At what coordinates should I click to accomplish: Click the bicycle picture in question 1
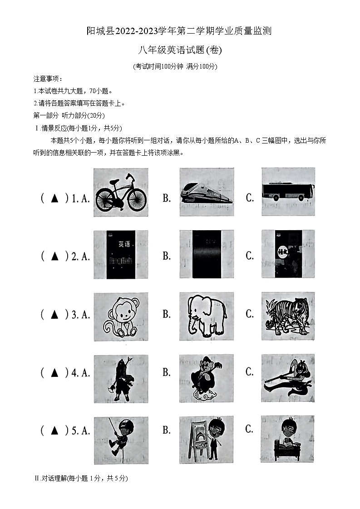120,193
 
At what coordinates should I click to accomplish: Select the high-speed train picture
207,193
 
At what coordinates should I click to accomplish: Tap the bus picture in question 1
288,192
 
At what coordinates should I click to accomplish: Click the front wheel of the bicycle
137,199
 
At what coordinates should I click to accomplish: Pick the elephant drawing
207,316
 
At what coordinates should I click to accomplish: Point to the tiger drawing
288,316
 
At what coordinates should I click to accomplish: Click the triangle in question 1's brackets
55,198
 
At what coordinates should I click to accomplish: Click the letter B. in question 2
167,256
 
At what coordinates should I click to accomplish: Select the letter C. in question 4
249,372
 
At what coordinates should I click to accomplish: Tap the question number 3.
75,315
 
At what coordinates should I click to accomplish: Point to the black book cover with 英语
121,254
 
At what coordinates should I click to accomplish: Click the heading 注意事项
48,79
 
